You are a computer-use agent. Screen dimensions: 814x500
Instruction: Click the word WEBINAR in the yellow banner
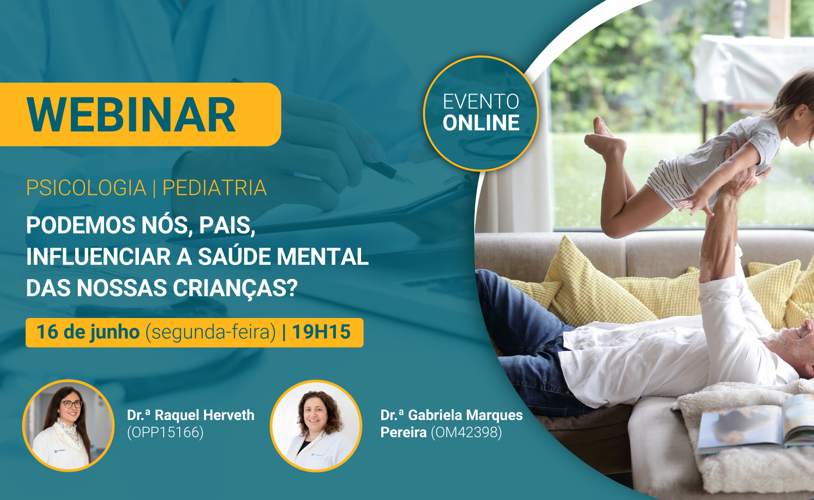click(131, 115)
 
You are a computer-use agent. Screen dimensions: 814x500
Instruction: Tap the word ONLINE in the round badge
click(481, 123)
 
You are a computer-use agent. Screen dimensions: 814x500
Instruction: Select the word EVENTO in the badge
click(481, 102)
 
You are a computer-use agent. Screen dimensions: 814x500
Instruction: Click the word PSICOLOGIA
click(86, 188)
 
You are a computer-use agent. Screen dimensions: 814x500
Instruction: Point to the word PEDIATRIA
click(215, 188)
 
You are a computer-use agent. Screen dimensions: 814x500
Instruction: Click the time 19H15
click(321, 332)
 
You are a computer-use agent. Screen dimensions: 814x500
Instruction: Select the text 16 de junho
click(88, 332)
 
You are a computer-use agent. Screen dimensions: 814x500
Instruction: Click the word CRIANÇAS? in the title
click(235, 288)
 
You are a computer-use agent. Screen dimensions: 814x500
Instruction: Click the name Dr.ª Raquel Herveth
click(190, 415)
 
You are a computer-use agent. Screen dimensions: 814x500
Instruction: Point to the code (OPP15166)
click(165, 432)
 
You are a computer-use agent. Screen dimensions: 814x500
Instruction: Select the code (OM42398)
click(466, 432)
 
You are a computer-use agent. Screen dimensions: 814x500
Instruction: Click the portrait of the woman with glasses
click(68, 425)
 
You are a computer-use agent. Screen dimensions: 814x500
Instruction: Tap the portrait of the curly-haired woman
click(316, 426)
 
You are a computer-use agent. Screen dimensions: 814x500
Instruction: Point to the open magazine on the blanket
click(756, 426)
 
